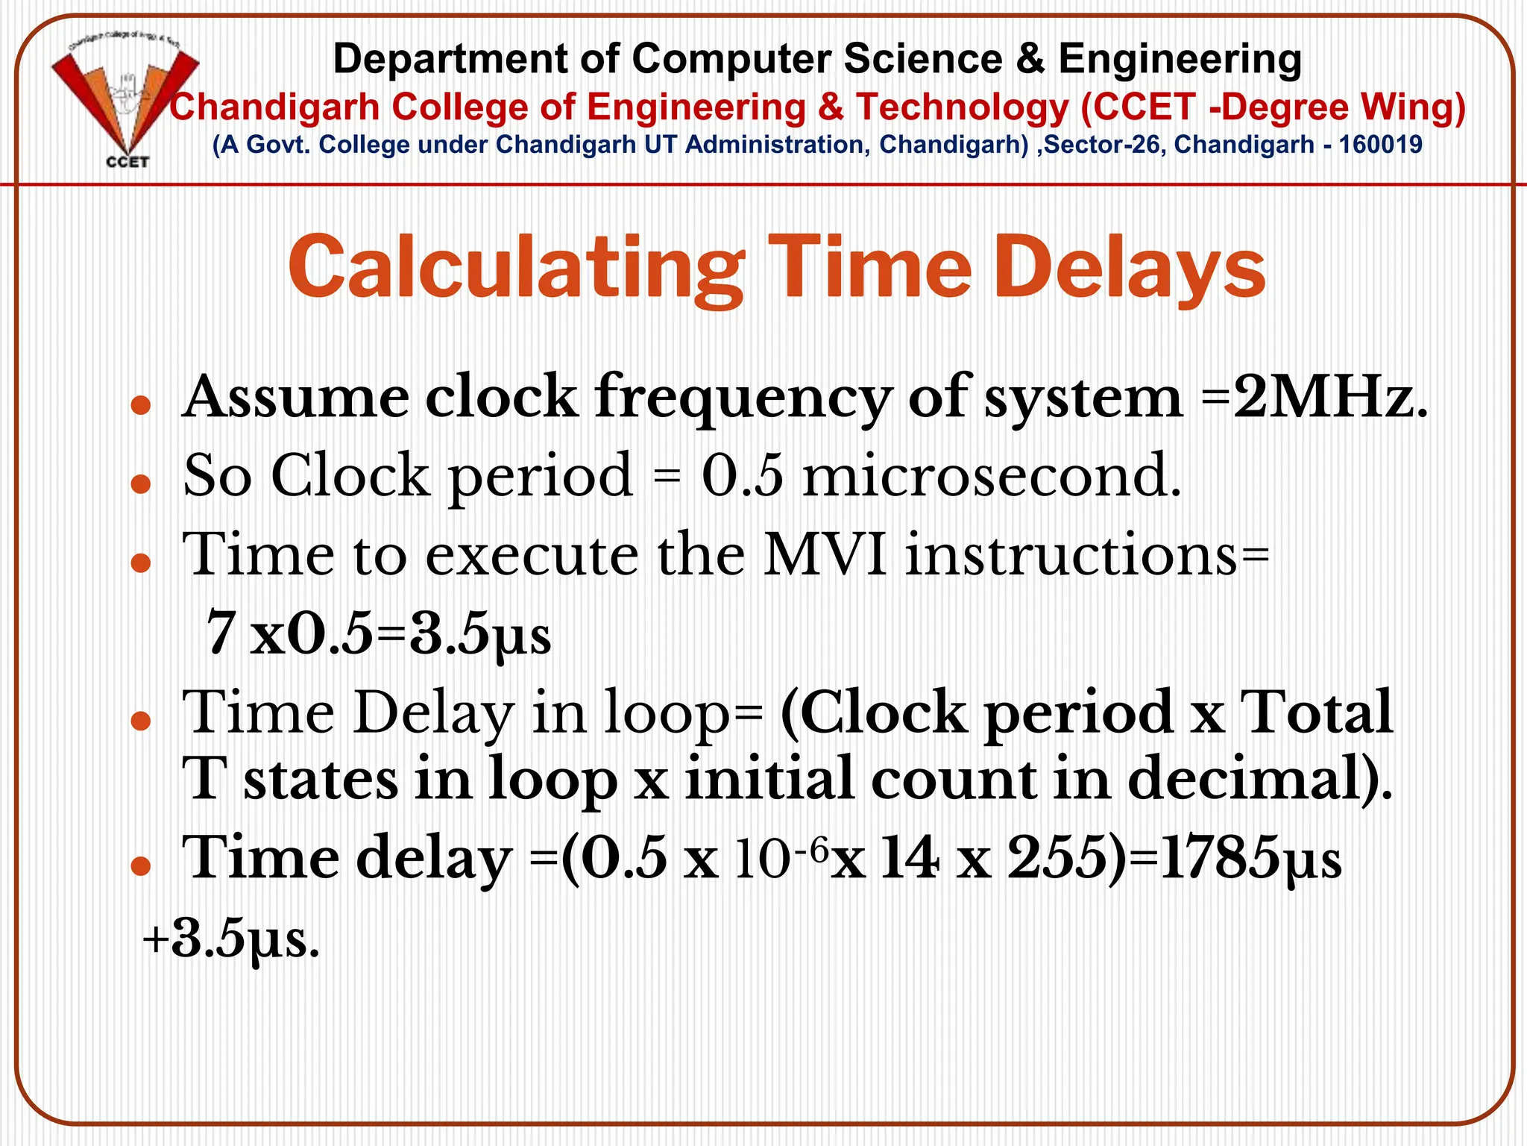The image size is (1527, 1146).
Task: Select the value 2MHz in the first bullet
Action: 1331,397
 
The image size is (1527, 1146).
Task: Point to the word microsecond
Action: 992,476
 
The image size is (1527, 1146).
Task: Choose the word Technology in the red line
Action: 962,107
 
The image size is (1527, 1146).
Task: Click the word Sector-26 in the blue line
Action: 1104,145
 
